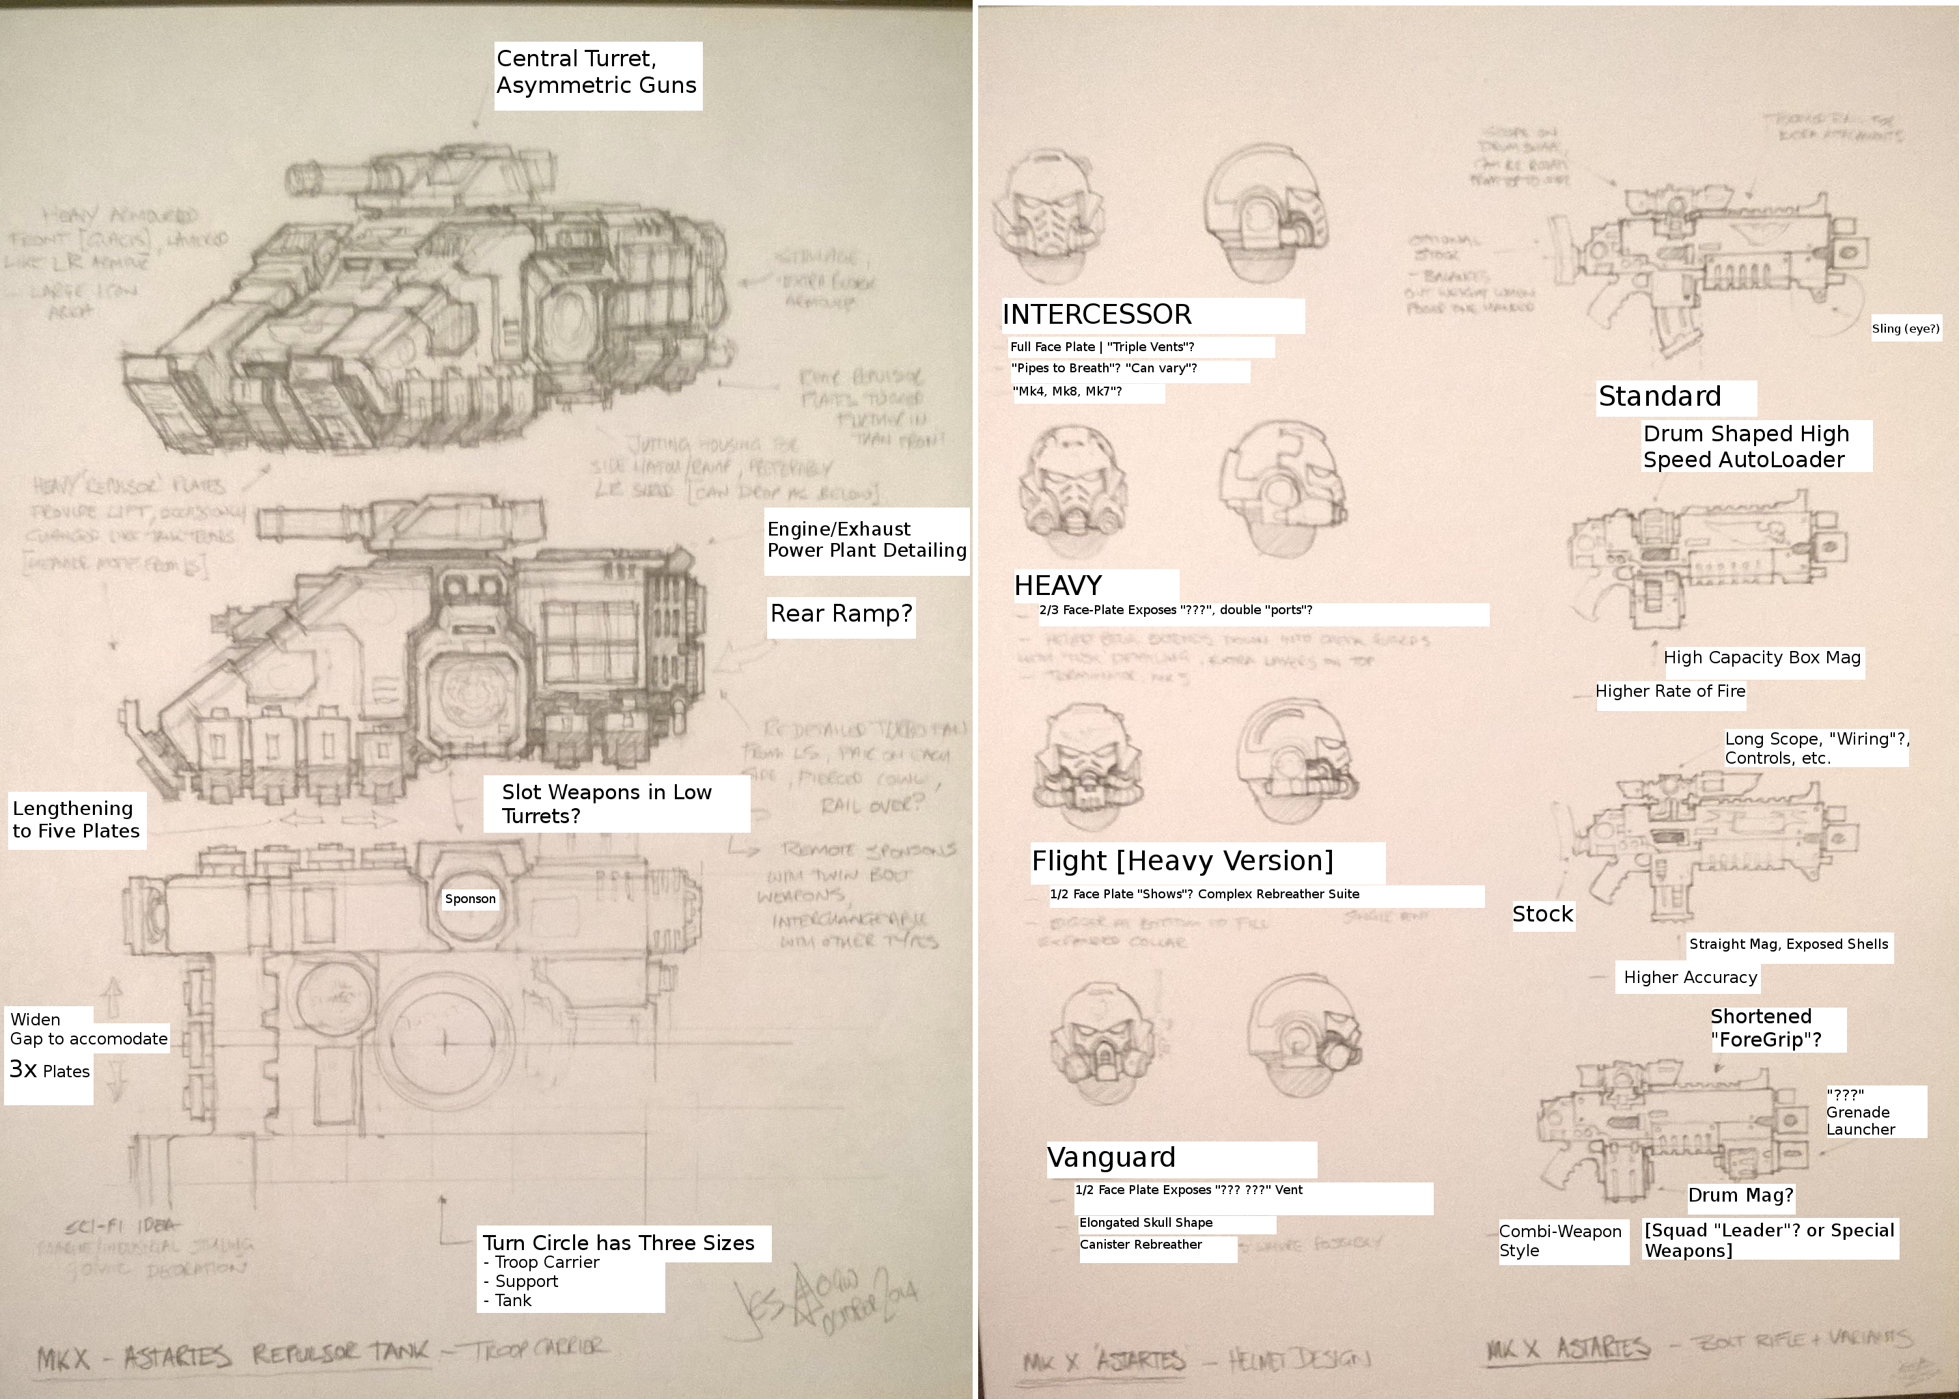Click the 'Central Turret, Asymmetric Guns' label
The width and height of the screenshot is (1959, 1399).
pos(596,72)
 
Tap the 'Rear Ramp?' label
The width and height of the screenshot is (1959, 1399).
pos(840,614)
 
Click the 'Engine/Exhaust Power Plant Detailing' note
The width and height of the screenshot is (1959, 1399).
pos(866,540)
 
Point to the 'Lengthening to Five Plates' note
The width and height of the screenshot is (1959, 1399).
pos(76,819)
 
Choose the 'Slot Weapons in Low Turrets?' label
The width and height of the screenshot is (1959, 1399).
pos(607,804)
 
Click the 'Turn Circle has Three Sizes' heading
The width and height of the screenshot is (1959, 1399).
pos(619,1242)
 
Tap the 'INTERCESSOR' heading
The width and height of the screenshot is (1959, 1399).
pos(1097,314)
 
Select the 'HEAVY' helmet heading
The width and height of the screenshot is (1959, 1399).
pos(1058,586)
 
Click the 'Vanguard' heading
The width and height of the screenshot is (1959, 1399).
pos(1111,1157)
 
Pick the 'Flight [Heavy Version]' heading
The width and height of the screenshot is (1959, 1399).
pos(1182,861)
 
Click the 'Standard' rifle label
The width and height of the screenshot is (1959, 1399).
pos(1659,396)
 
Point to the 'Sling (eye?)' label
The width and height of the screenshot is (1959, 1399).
pos(1906,328)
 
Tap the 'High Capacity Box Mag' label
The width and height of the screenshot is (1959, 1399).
pos(1762,658)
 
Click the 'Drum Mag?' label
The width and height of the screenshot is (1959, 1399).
pos(1740,1195)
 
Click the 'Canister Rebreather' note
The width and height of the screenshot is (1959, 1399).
pos(1141,1245)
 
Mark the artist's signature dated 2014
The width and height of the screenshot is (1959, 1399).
pos(827,1301)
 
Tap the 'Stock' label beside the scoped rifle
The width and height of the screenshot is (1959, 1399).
pos(1542,914)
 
